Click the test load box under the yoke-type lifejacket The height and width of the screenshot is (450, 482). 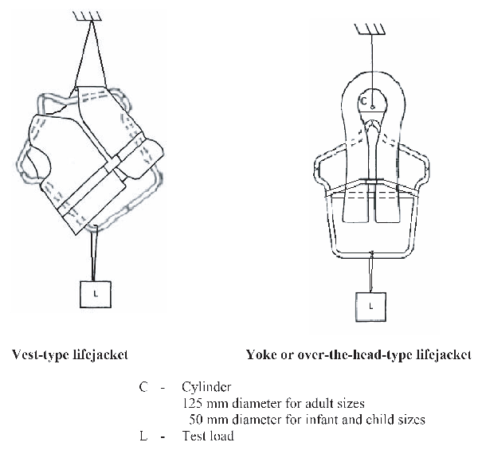(x=370, y=304)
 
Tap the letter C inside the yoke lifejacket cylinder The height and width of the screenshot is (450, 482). (x=363, y=102)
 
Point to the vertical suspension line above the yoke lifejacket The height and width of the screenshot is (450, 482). (x=370, y=56)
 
